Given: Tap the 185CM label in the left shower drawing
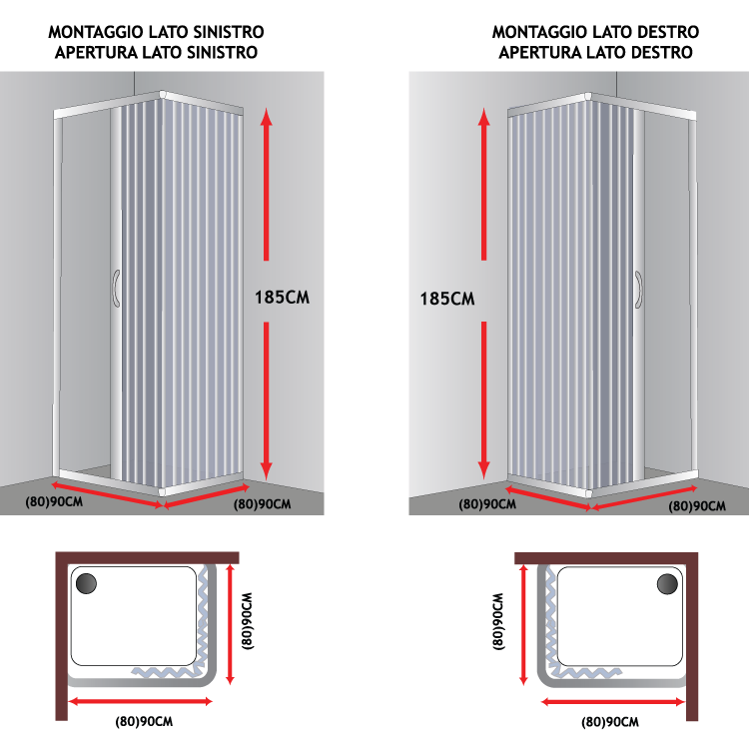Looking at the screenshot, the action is click(282, 298).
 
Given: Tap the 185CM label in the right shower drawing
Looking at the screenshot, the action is click(447, 299).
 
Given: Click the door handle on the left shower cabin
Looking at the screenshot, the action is click(116, 288).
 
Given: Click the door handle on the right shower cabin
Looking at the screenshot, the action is click(639, 290).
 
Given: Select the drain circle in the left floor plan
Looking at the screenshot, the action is click(87, 583).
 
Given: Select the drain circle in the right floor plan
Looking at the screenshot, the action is click(667, 584).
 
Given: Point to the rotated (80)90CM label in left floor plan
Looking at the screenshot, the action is click(247, 621).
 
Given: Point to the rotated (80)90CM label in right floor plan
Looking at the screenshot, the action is click(498, 621).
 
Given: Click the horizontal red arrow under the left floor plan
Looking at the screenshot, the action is click(141, 701).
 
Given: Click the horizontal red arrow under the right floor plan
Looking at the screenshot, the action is click(613, 702).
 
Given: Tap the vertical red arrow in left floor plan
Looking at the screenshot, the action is click(231, 624).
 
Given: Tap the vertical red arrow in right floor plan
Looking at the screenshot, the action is click(523, 625).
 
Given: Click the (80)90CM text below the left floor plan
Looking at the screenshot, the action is click(144, 721).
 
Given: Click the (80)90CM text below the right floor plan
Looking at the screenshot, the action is click(610, 722).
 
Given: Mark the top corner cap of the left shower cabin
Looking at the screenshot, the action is click(163, 94).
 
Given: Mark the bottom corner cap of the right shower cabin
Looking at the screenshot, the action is click(588, 493).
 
